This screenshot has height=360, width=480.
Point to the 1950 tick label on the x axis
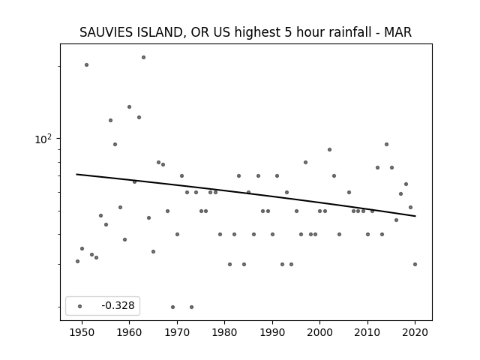[x=82, y=332]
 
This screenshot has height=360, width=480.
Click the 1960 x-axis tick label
[x=129, y=332]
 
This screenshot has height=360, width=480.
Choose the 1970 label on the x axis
[x=177, y=332]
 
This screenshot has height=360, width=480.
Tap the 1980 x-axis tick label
[x=224, y=332]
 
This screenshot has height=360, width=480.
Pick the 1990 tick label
[x=272, y=332]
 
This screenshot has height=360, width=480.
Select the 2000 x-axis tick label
[x=319, y=332]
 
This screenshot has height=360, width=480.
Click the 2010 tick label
[x=367, y=332]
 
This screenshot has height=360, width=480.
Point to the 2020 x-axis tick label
[x=415, y=332]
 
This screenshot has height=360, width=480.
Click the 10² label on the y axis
[x=43, y=139]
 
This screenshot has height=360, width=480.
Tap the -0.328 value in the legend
[x=118, y=305]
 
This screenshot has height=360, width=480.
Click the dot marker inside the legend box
[x=80, y=306]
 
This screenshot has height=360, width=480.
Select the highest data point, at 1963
[x=143, y=58]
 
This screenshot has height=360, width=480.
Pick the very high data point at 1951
[x=87, y=65]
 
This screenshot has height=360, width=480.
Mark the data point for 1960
[x=130, y=106]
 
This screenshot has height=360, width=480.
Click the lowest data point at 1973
[x=192, y=307]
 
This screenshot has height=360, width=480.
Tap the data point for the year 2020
[x=415, y=264]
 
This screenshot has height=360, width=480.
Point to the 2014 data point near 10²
[x=387, y=145]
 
